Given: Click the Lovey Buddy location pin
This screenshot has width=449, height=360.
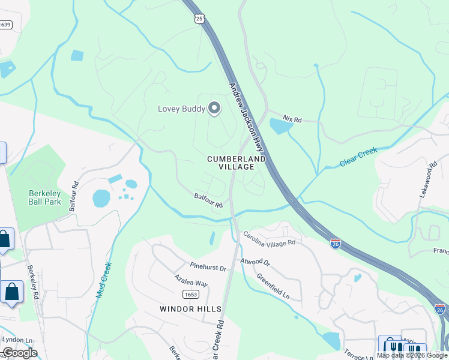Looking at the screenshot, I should (x=214, y=108).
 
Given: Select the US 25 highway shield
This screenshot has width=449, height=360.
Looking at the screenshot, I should (x=200, y=19).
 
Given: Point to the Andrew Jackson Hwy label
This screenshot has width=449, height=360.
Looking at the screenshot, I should (x=246, y=116).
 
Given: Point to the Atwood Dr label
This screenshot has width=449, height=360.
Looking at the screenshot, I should (x=256, y=262).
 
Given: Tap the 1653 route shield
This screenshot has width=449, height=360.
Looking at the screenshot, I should (x=190, y=294).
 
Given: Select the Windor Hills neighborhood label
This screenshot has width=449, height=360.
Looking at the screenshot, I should (x=190, y=308).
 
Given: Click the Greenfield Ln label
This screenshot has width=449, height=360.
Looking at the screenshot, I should (x=273, y=287).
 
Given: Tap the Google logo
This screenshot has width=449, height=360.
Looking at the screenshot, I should (x=20, y=353).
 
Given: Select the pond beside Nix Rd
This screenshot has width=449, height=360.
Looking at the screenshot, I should (x=280, y=126).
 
